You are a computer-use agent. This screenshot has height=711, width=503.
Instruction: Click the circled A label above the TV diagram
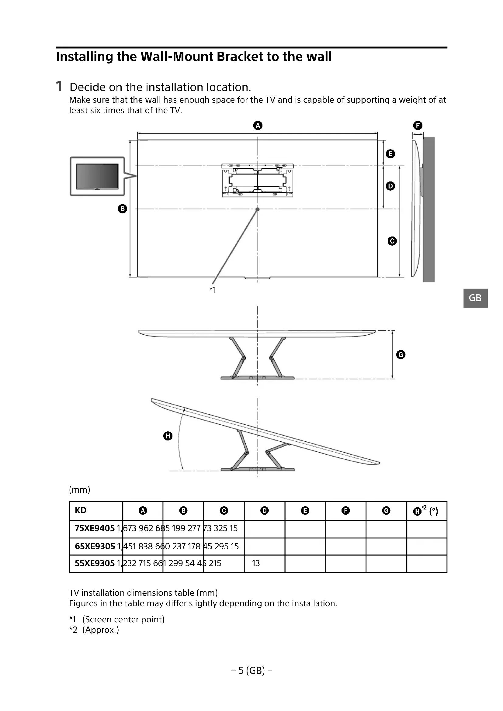click(x=258, y=126)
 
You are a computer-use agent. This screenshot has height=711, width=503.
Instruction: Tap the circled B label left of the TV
click(x=123, y=209)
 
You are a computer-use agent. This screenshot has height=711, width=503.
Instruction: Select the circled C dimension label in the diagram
click(x=392, y=241)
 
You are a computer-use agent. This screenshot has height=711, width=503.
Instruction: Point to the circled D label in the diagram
click(x=390, y=186)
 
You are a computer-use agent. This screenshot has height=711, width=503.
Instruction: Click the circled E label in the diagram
click(x=390, y=154)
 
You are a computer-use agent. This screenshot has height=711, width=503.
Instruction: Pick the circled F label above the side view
click(x=418, y=126)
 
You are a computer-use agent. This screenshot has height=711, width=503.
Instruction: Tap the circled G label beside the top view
click(x=401, y=354)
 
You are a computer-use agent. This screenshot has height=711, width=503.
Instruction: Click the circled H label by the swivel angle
click(x=168, y=436)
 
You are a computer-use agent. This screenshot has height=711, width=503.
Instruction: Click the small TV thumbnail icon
click(x=97, y=176)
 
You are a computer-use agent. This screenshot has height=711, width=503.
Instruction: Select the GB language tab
click(x=475, y=298)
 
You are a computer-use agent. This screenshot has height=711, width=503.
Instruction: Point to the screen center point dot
click(x=257, y=209)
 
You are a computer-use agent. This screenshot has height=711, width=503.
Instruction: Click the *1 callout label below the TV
click(x=213, y=290)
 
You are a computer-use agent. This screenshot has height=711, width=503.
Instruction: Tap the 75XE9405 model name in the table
click(x=95, y=528)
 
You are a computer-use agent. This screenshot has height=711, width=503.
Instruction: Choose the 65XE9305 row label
click(x=95, y=546)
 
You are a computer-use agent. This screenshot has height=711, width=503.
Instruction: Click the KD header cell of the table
click(x=81, y=510)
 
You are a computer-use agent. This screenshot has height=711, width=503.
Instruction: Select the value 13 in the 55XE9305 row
click(x=256, y=563)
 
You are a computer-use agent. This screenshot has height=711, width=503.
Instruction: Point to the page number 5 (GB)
click(x=251, y=671)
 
